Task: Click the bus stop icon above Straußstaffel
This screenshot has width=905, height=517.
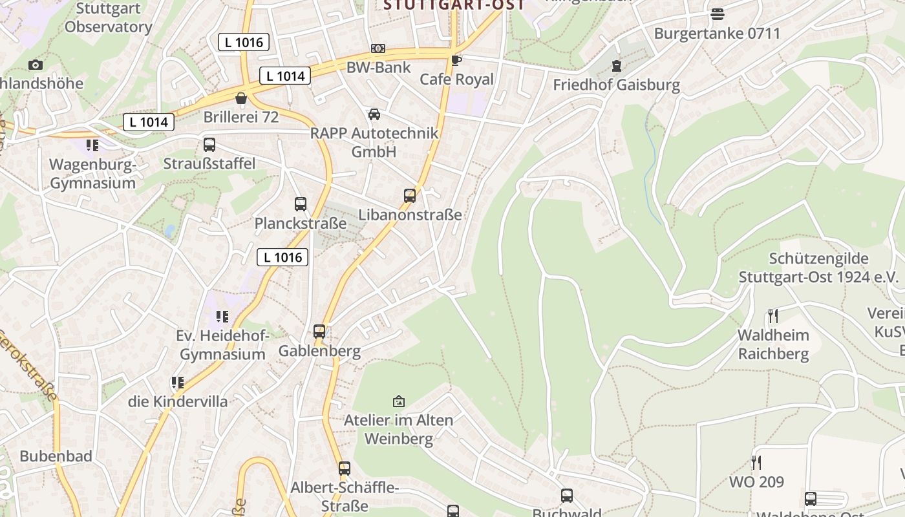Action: pyautogui.click(x=209, y=145)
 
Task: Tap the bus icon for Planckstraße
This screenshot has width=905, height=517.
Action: pyautogui.click(x=301, y=204)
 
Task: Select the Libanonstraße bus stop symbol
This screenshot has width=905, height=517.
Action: pyautogui.click(x=409, y=196)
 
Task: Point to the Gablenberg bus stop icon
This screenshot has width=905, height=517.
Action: pyautogui.click(x=319, y=332)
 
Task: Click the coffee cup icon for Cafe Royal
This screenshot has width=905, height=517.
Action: pyautogui.click(x=456, y=61)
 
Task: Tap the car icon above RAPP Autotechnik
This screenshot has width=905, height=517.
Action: pyautogui.click(x=374, y=114)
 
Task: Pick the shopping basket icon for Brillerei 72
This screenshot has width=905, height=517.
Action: pyautogui.click(x=241, y=98)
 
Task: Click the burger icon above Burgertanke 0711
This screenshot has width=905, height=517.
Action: pyautogui.click(x=717, y=14)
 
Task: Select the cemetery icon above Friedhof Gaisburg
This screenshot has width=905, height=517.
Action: pyautogui.click(x=616, y=65)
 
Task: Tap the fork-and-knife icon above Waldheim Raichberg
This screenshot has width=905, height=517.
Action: pyautogui.click(x=772, y=315)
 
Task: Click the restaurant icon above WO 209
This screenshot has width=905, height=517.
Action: pyautogui.click(x=756, y=462)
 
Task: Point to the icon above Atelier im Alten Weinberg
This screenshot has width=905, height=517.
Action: pyautogui.click(x=399, y=401)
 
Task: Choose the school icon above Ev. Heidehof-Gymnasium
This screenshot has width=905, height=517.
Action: pyautogui.click(x=222, y=317)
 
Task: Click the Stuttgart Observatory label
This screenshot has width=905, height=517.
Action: pyautogui.click(x=108, y=18)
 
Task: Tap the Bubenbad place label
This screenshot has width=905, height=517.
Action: pyautogui.click(x=56, y=456)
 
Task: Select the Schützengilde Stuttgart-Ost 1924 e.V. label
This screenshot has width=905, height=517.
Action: pyautogui.click(x=818, y=268)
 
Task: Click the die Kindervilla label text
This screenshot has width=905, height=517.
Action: pyautogui.click(x=178, y=402)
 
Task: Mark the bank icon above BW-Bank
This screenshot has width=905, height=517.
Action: pyautogui.click(x=378, y=48)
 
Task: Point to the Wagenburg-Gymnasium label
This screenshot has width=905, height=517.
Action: pyautogui.click(x=93, y=174)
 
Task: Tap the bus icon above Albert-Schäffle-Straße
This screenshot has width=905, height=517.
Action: pyautogui.click(x=345, y=469)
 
